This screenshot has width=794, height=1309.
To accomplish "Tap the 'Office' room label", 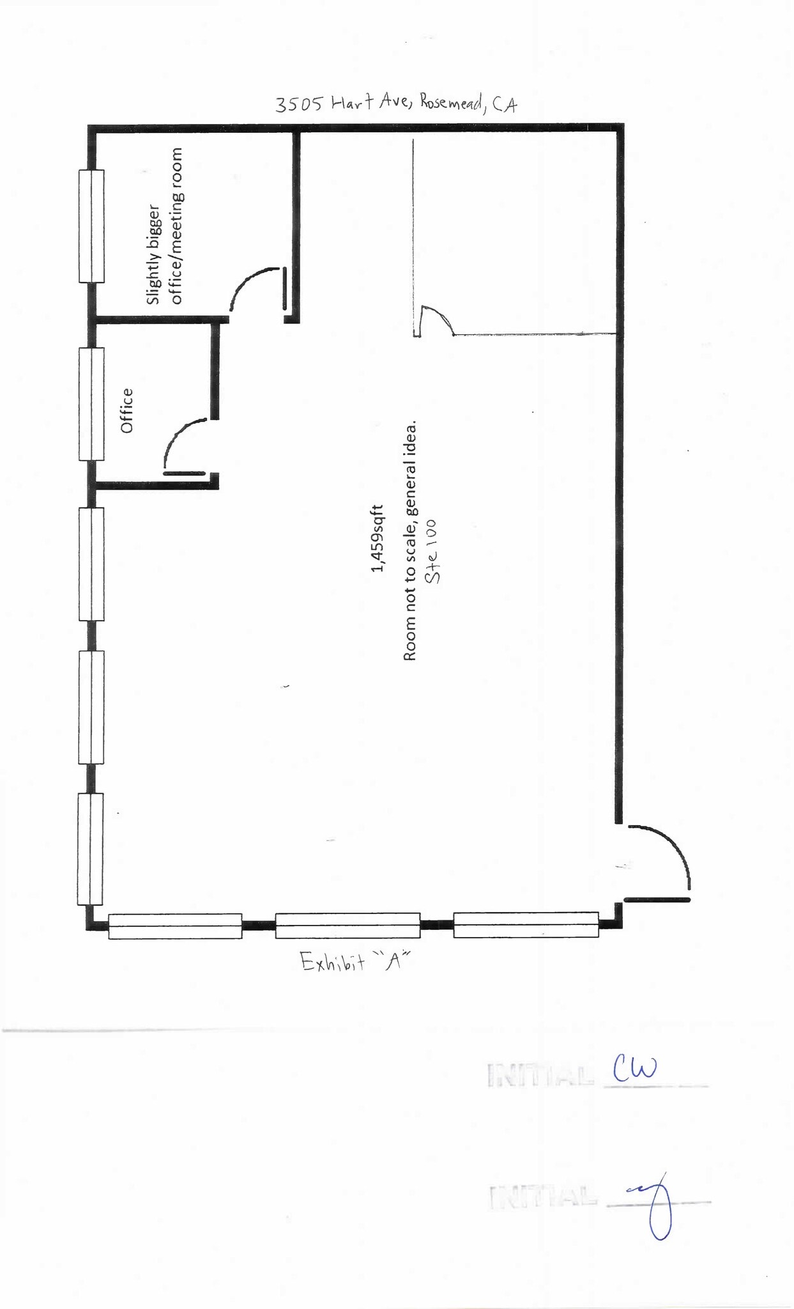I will pos(127,410).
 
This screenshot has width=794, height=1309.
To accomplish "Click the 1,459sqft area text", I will pos(378,538).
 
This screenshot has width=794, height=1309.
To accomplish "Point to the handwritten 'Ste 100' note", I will pos(432,551).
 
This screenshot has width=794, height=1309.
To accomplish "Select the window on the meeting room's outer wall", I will pos(91,226).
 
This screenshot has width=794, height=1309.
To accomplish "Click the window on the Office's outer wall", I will pos(91,404).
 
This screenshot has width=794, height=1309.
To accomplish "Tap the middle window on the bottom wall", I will pos(347,926).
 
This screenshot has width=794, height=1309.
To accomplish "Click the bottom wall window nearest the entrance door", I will pos(526,925).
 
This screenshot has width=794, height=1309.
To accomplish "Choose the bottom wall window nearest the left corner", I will pos(175,926).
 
